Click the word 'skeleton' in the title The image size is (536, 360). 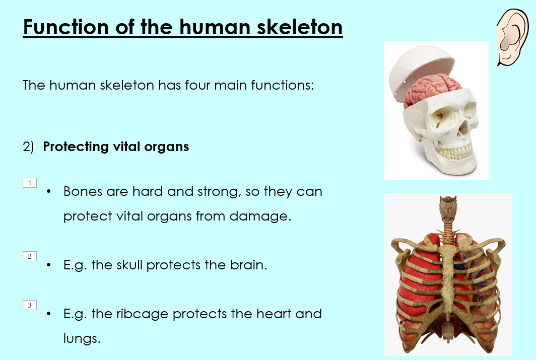[x=299, y=27]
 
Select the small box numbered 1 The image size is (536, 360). [x=30, y=183]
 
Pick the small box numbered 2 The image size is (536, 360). [x=30, y=256]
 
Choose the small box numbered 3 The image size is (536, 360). [x=30, y=305]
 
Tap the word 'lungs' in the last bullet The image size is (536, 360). [x=82, y=338]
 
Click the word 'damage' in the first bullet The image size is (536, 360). [x=260, y=216]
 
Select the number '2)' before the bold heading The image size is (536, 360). [x=28, y=147]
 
